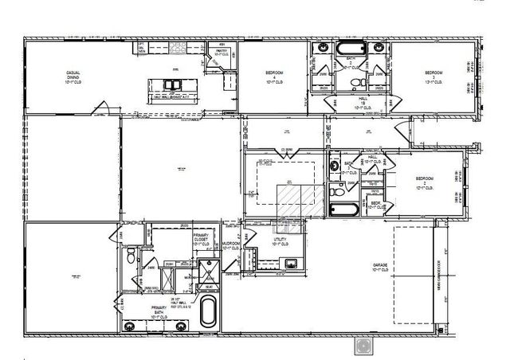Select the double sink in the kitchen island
[x=172, y=84]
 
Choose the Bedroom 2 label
[x=425, y=182]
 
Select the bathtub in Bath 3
[x=343, y=209]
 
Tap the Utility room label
[x=280, y=241]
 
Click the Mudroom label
[x=231, y=247]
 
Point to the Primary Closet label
[x=201, y=241]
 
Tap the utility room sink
[x=292, y=262]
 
